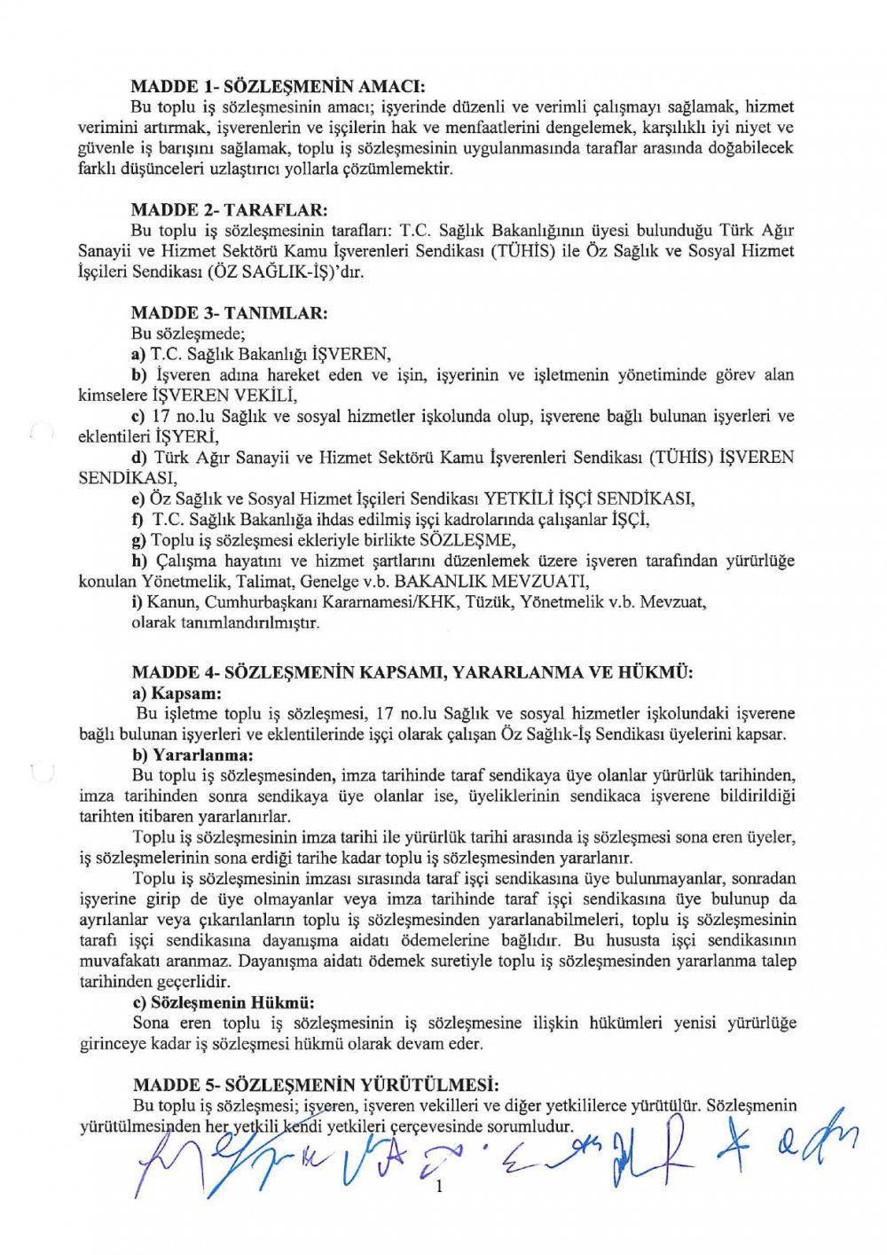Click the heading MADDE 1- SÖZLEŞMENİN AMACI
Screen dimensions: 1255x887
(x=279, y=87)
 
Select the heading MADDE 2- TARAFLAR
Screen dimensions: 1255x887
(x=229, y=210)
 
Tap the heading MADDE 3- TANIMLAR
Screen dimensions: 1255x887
(x=229, y=313)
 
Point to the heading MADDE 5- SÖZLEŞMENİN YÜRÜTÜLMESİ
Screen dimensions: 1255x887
(x=315, y=1086)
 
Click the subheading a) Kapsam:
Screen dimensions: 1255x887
(x=177, y=694)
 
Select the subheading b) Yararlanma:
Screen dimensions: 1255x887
(x=192, y=756)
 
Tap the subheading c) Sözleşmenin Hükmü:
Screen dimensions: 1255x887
(x=224, y=1003)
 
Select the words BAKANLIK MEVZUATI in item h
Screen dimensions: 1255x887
(x=491, y=582)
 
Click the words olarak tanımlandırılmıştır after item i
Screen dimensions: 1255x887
(x=225, y=623)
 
